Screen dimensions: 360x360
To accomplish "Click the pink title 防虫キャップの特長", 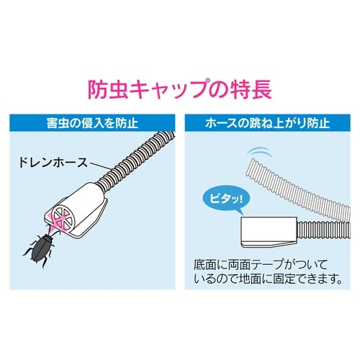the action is point(180,89).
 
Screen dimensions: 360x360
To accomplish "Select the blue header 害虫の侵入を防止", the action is point(92,123).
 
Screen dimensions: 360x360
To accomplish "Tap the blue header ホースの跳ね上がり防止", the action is point(267,123).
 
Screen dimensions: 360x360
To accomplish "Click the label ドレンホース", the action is point(53,163).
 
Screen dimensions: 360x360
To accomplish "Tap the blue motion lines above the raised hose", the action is point(260,153).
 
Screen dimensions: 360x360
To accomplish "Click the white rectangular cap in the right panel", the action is point(269,232).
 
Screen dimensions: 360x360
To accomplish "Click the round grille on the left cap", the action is point(63,218).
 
